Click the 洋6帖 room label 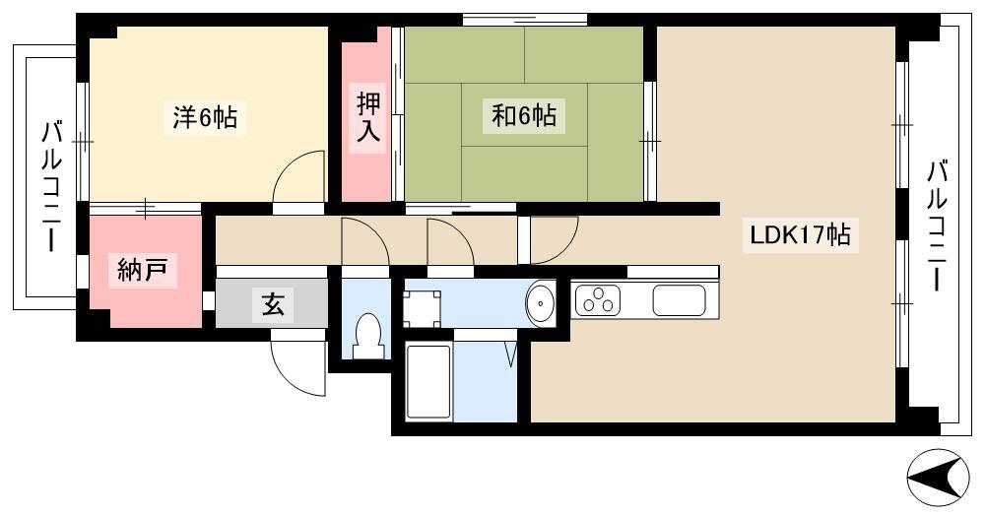coord(205,117)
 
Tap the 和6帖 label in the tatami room coord(523,116)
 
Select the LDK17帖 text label coord(800,234)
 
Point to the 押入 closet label coord(368,117)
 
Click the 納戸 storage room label coord(143,271)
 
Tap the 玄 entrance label coord(273,304)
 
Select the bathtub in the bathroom coord(428,382)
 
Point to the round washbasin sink coord(540,304)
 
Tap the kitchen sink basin coord(679,300)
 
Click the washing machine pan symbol coord(423,309)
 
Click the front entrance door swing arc coord(299,368)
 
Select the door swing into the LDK coord(554,240)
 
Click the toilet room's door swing coord(365,241)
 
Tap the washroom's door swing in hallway coord(451,241)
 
